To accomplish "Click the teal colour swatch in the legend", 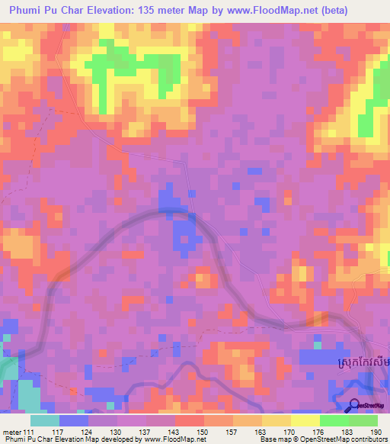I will tap(45, 421).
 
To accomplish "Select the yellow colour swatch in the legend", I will tap(305, 421).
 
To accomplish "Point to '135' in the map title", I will tap(161, 11).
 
